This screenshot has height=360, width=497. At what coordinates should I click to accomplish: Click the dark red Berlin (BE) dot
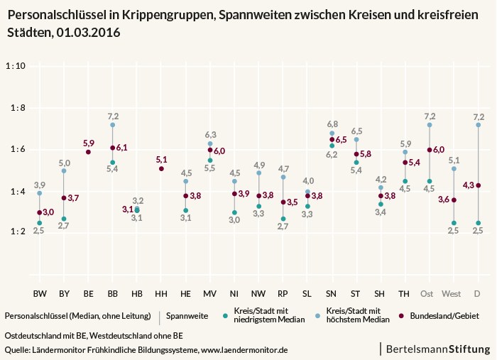[x=89, y=152]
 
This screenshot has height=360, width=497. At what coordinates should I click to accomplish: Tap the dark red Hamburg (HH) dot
[x=161, y=168]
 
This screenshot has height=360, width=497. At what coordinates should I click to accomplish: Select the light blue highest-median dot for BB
[x=112, y=125]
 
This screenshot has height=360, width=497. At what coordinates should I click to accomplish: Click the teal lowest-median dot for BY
[x=64, y=219]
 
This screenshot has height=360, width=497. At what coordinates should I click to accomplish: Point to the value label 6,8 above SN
[x=332, y=124]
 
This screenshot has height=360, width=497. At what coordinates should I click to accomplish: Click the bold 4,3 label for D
[x=468, y=185]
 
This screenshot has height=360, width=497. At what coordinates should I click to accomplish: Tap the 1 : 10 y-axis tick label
[x=16, y=66]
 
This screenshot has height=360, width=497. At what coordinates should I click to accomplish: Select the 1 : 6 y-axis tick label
[x=18, y=149]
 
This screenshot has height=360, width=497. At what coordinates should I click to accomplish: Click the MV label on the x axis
[x=210, y=294]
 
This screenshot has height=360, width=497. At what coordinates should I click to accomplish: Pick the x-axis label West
[x=452, y=294]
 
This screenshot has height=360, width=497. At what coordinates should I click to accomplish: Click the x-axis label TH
[x=404, y=294]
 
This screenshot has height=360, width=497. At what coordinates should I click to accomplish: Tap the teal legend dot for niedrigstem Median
[x=225, y=316]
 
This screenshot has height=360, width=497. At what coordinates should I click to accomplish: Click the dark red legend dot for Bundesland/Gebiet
[x=402, y=316]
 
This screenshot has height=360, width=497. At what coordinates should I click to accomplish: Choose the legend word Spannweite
[x=187, y=316]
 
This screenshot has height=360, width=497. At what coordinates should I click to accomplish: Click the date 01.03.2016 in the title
[x=89, y=33]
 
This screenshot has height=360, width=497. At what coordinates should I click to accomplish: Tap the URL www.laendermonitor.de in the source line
[x=244, y=350]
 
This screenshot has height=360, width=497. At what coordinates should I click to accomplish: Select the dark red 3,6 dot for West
[x=454, y=200]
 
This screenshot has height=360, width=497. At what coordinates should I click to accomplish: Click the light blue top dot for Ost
[x=430, y=125]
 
